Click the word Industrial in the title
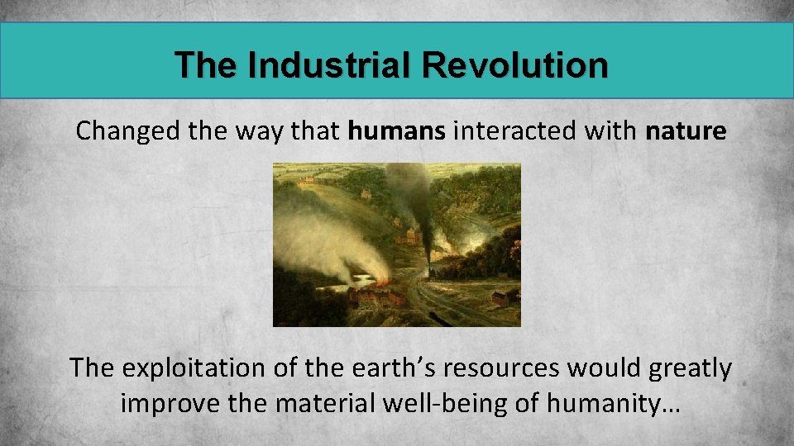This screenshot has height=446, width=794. point(329,65)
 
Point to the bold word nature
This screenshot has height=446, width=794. point(686,131)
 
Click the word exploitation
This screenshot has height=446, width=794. point(183,368)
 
